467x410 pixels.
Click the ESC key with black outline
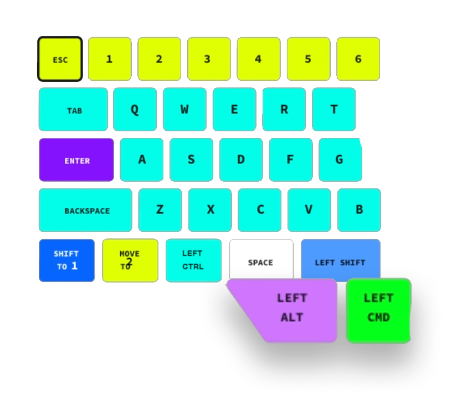[60, 59]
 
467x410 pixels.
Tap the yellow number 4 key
[259, 59]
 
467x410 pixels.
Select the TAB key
[73, 109]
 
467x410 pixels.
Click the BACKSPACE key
[85, 210]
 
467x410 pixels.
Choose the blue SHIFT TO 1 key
[66, 260]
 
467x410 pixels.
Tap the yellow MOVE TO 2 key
[130, 260]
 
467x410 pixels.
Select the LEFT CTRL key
[193, 260]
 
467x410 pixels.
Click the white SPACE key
[261, 259]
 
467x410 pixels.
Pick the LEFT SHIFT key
[341, 259]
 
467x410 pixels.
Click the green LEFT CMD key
[378, 310]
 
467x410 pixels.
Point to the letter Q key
[135, 109]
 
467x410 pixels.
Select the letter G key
[341, 160]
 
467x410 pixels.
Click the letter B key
[359, 210]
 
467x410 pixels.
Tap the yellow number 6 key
[358, 59]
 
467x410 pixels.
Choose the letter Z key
[160, 210]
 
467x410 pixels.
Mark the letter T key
[334, 109]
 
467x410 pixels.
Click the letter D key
[241, 160]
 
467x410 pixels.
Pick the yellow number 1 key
[110, 59]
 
